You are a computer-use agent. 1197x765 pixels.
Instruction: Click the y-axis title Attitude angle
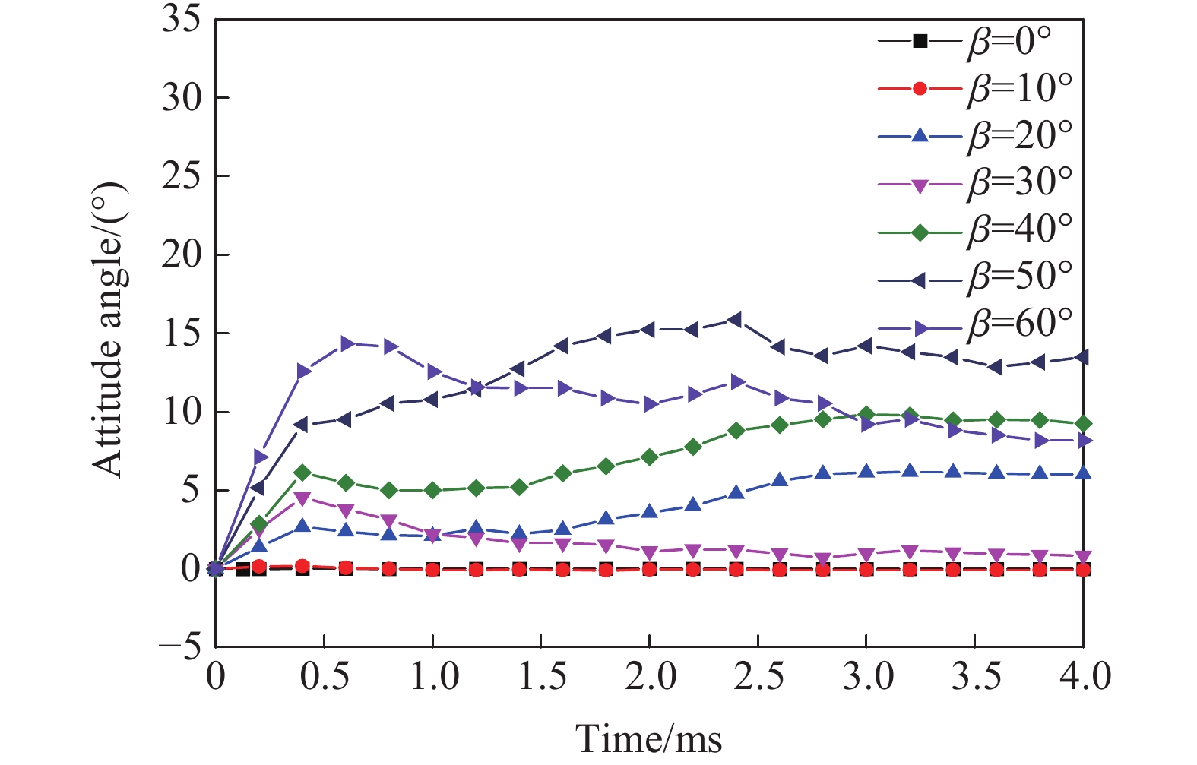pyautogui.click(x=108, y=331)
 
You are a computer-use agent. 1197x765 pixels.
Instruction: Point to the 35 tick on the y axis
pyautogui.click(x=181, y=20)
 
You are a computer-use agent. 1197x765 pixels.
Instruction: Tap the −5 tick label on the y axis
pyautogui.click(x=179, y=647)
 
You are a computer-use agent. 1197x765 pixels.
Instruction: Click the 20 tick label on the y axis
pyautogui.click(x=181, y=254)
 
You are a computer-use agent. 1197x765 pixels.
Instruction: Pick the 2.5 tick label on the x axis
pyautogui.click(x=757, y=676)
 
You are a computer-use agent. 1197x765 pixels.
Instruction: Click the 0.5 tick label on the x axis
pyautogui.click(x=325, y=676)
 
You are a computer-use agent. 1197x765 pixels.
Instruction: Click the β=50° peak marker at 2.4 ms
pyautogui.click(x=735, y=320)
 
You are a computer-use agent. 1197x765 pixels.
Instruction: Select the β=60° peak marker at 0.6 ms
pyautogui.click(x=347, y=343)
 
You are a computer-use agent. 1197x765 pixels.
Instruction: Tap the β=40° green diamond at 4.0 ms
pyautogui.click(x=1083, y=424)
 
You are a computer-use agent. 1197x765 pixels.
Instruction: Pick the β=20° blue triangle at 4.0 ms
pyautogui.click(x=1083, y=473)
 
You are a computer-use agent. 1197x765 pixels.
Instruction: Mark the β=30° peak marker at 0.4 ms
pyautogui.click(x=302, y=499)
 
